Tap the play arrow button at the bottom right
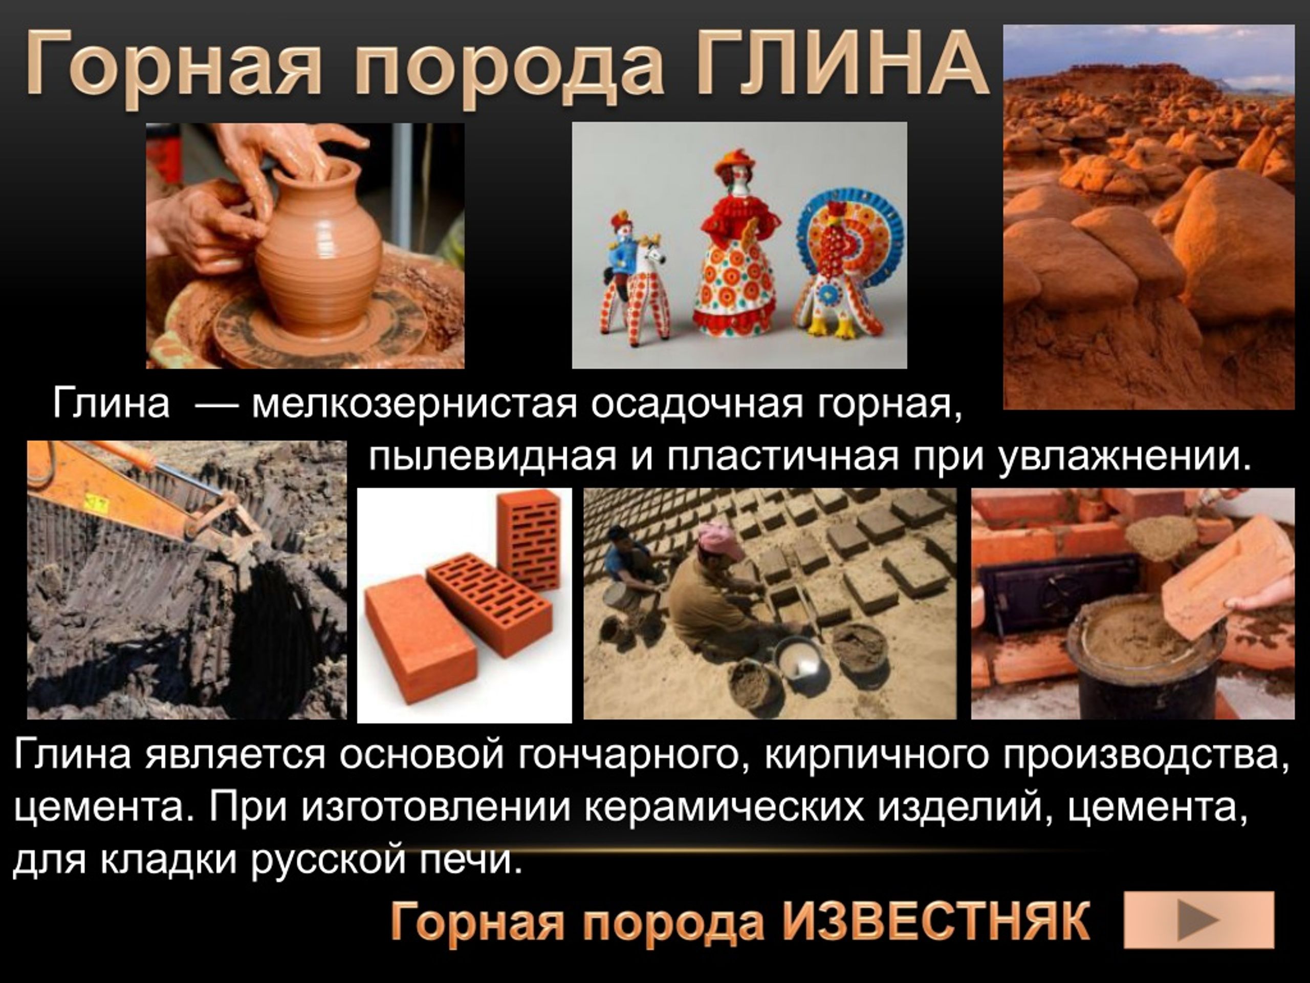pos(1198,919)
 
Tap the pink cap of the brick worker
pos(720,539)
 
